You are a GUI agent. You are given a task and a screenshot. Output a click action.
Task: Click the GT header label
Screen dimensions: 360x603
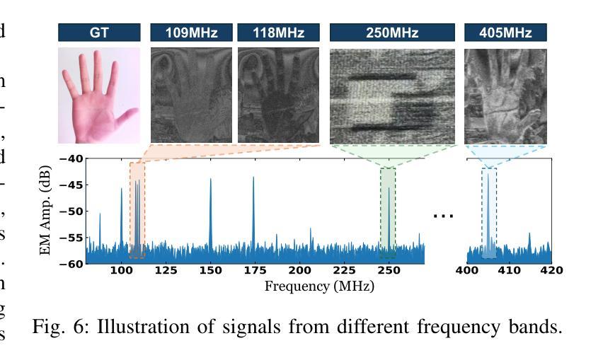99,33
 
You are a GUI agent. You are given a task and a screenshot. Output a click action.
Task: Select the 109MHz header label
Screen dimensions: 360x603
191,33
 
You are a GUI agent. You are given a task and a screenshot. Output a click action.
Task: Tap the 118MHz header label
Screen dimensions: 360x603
278,33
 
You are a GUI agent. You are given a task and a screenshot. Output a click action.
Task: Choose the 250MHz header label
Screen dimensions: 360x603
392,33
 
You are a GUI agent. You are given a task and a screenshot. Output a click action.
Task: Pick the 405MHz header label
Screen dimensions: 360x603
505,33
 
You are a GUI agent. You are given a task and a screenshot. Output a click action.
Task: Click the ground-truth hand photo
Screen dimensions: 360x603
99,95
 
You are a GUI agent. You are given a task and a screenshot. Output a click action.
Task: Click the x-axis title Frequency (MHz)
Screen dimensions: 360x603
319,286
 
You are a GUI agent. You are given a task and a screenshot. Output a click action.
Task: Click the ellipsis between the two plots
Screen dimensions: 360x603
443,215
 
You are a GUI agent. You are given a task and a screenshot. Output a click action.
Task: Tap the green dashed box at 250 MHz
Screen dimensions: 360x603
388,212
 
